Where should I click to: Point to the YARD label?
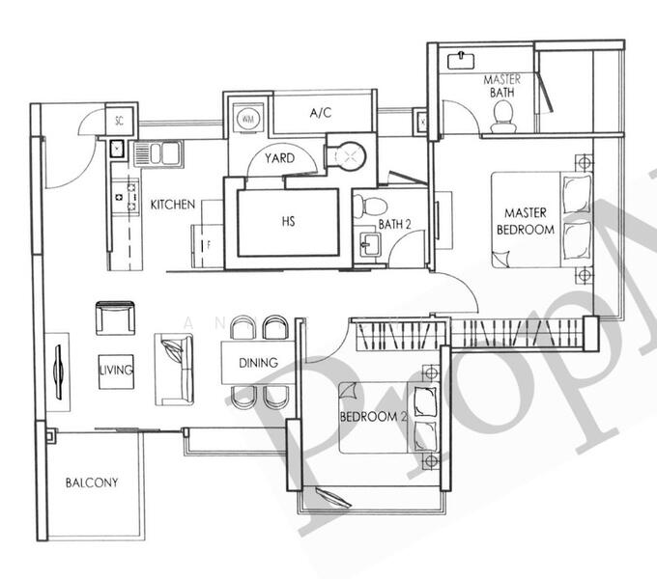click(280, 158)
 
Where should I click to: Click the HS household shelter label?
click(288, 221)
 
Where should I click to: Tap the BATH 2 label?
click(395, 225)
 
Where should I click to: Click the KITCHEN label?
click(173, 206)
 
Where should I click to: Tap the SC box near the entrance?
click(119, 121)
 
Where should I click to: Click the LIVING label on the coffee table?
click(115, 370)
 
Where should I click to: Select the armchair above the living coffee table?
click(115, 318)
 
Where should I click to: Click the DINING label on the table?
click(258, 363)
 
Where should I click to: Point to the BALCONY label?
click(92, 482)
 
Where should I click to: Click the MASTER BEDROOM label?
click(525, 221)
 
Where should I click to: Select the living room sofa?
click(176, 368)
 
